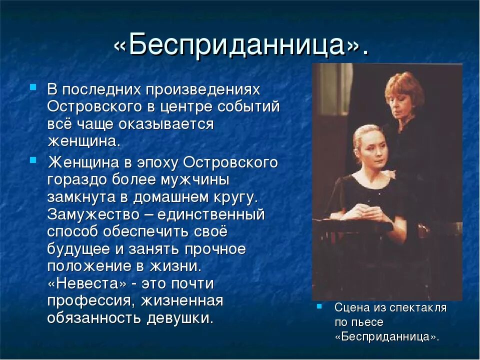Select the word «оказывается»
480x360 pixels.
click(168, 124)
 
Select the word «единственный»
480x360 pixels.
click(211, 214)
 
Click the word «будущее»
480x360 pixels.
click(78, 248)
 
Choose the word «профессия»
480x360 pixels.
click(91, 300)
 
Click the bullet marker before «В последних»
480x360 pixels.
click(33, 86)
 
